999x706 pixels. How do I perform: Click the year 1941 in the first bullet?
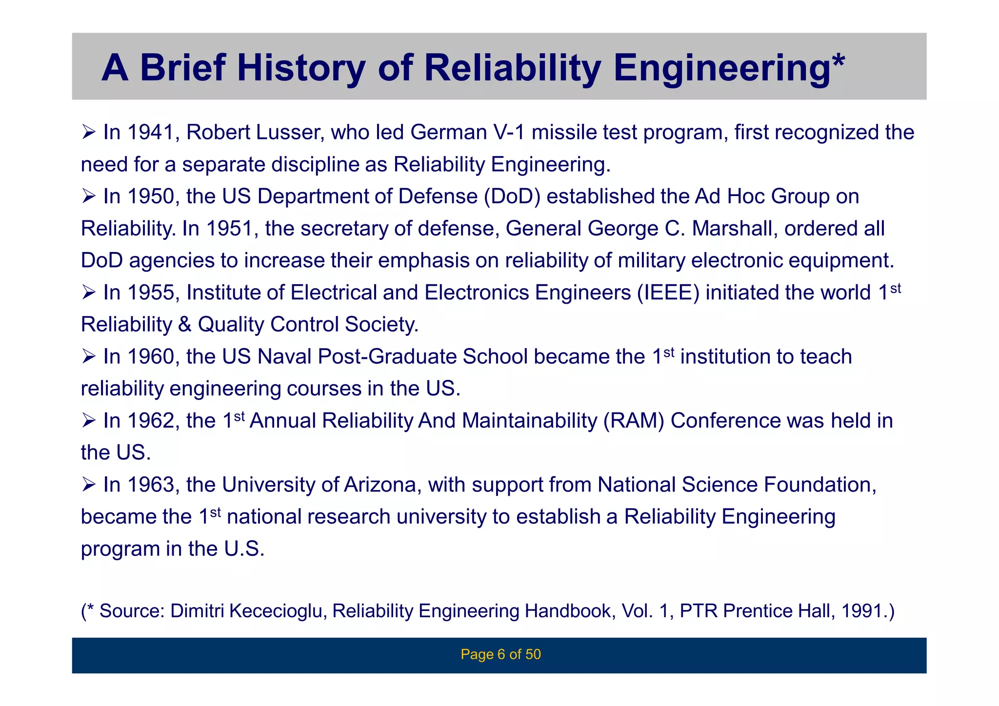[150, 133]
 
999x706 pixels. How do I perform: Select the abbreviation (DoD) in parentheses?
[512, 196]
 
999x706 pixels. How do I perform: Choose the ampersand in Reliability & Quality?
[185, 325]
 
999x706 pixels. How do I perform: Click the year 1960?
[150, 356]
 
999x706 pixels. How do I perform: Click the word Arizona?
[383, 485]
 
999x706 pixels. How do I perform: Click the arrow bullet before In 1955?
[89, 293]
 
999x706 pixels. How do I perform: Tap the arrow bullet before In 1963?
[89, 485]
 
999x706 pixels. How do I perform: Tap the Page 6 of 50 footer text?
[500, 654]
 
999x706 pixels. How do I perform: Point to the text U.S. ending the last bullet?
[244, 549]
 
